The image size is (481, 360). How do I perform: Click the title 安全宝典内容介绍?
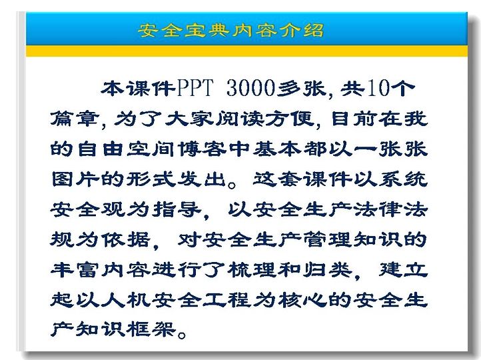click(231, 30)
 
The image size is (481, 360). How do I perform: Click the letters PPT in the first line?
click(195, 89)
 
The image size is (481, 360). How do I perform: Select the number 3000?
click(251, 89)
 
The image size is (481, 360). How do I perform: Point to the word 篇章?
click(75, 119)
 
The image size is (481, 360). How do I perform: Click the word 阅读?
click(240, 119)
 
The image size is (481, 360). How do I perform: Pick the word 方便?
click(290, 119)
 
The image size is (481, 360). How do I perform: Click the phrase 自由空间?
click(126, 149)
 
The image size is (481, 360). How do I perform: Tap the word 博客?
click(202, 149)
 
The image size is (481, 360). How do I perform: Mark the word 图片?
click(75, 179)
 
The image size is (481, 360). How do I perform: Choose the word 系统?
click(403, 179)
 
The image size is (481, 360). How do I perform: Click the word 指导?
click(177, 209)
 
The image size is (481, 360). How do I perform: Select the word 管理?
click(328, 239)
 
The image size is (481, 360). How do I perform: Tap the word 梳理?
click(252, 269)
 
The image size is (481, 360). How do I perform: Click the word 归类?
click(328, 269)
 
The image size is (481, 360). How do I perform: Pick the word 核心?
click(302, 299)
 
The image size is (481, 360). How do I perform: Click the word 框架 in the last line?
click(151, 329)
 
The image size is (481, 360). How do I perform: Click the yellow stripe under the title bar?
click(246, 51)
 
